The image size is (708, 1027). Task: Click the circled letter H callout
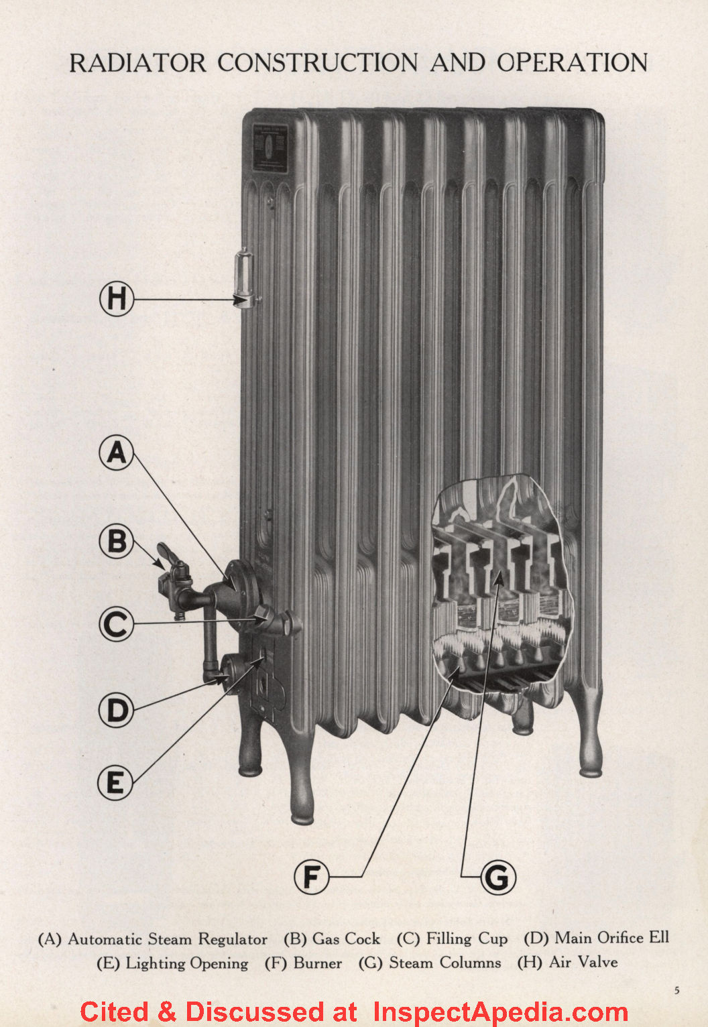tap(117, 298)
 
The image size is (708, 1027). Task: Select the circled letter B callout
tap(116, 541)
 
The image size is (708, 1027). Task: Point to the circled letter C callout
tap(116, 624)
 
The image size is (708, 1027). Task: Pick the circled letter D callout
tap(116, 710)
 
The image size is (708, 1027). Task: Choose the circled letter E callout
tap(115, 782)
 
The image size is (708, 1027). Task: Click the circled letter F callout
tap(311, 876)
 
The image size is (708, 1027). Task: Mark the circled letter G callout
tap(497, 877)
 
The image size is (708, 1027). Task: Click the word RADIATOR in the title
tap(138, 63)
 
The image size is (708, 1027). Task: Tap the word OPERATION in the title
tap(572, 62)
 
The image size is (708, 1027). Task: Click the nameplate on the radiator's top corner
tap(270, 147)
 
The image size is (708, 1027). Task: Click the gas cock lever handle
tap(167, 556)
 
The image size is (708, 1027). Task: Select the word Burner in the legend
tap(318, 963)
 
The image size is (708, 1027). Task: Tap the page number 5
tap(676, 990)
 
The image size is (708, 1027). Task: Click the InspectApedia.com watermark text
tap(500, 1012)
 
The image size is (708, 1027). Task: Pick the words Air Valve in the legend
tap(583, 963)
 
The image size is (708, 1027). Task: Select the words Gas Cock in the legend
tap(346, 939)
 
